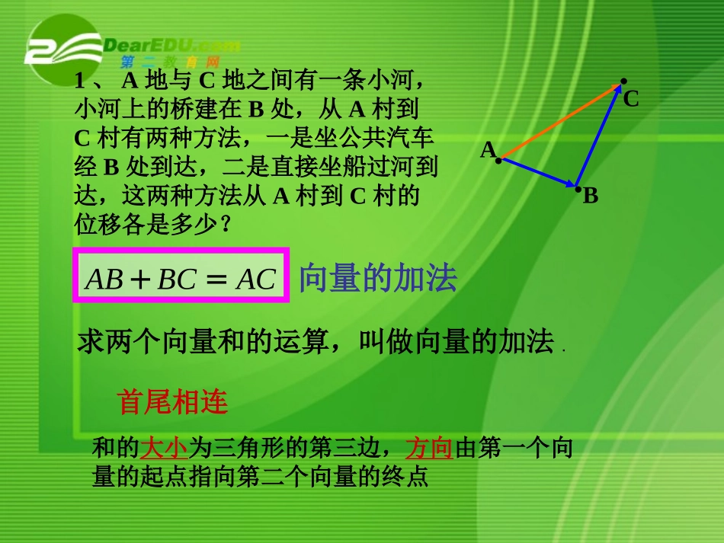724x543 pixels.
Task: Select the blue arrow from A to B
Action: (537, 172)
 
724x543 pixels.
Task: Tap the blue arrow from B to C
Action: (601, 137)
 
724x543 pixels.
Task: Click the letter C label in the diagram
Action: (631, 99)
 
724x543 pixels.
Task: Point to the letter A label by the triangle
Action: (488, 150)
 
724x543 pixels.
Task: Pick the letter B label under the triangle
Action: (591, 196)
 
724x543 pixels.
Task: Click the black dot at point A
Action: (499, 160)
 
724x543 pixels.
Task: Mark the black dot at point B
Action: (578, 187)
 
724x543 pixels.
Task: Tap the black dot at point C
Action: (623, 81)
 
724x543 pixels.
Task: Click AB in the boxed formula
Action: (105, 279)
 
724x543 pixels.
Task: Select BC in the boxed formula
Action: (177, 279)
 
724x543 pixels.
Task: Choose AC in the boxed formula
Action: (255, 279)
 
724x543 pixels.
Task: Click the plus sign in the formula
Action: (140, 279)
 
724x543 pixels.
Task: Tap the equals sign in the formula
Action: (216, 279)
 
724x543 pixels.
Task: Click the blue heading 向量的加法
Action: (377, 279)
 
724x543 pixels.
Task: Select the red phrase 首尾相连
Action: (173, 401)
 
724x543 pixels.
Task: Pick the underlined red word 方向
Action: (429, 447)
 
